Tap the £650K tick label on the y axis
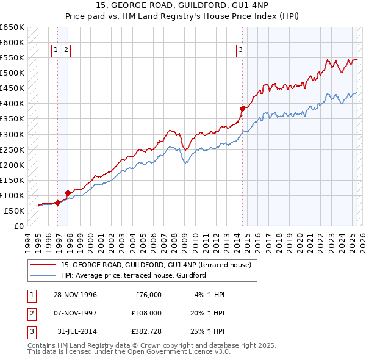tap(12, 27)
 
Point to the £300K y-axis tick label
tap(12, 134)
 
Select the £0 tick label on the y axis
tap(19, 226)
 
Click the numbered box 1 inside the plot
tap(56, 51)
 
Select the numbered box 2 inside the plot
tap(66, 51)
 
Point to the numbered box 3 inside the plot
tap(240, 51)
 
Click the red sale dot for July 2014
tap(242, 109)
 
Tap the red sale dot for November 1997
tap(68, 193)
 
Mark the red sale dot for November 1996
tap(57, 203)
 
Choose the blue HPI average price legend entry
tap(133, 275)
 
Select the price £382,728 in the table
tap(145, 331)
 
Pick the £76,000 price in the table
tap(148, 295)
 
